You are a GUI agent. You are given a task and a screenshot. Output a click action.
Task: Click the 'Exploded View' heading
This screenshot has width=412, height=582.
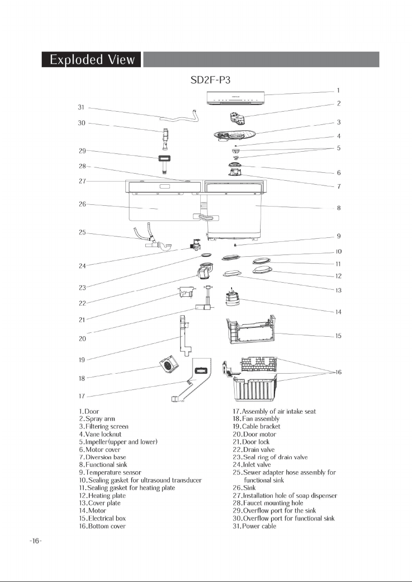(92, 60)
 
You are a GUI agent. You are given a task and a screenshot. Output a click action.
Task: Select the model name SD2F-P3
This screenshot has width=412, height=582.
(210, 80)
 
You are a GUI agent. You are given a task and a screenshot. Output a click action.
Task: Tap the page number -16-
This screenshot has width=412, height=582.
(36, 541)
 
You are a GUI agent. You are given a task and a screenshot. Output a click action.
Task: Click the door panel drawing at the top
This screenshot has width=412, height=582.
(236, 98)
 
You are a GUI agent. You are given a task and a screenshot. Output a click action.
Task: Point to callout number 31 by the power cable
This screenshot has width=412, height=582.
(81, 107)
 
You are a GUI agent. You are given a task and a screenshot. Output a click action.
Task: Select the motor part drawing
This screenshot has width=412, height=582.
(232, 297)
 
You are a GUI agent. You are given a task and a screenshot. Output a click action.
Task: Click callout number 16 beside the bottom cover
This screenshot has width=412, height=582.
(338, 372)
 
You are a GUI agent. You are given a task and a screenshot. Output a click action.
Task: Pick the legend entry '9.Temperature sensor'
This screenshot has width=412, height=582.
(110, 473)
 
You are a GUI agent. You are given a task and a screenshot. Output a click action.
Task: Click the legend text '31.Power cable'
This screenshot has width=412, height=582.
(254, 526)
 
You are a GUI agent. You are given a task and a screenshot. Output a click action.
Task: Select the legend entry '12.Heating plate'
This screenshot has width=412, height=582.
(102, 495)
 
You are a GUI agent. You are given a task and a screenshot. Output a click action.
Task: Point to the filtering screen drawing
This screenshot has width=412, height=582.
(235, 135)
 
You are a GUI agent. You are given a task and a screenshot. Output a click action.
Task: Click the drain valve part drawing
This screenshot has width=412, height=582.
(205, 270)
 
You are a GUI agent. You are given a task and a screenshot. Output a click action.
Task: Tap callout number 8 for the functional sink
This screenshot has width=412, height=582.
(338, 208)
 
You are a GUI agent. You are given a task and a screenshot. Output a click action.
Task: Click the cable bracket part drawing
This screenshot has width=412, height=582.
(185, 336)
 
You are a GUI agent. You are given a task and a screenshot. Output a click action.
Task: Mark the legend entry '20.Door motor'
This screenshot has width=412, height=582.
(254, 434)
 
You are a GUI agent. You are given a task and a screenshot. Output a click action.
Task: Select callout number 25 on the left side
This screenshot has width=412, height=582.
(82, 232)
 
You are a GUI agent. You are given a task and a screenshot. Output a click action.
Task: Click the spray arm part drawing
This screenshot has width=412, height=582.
(238, 119)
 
